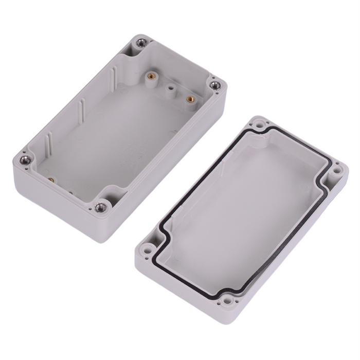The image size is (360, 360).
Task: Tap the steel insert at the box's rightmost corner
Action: coord(214,85)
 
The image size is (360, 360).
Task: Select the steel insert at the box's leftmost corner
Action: coord(25,160)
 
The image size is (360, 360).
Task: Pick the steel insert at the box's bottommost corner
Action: coord(101,207)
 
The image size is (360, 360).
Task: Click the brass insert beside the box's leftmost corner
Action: coord(51,180)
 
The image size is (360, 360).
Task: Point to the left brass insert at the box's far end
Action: coord(151,76)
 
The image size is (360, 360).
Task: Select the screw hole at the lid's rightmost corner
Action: coord(337,169)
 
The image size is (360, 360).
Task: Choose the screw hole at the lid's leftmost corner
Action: coord(148,251)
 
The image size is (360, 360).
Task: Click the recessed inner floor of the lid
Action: coord(242,211)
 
